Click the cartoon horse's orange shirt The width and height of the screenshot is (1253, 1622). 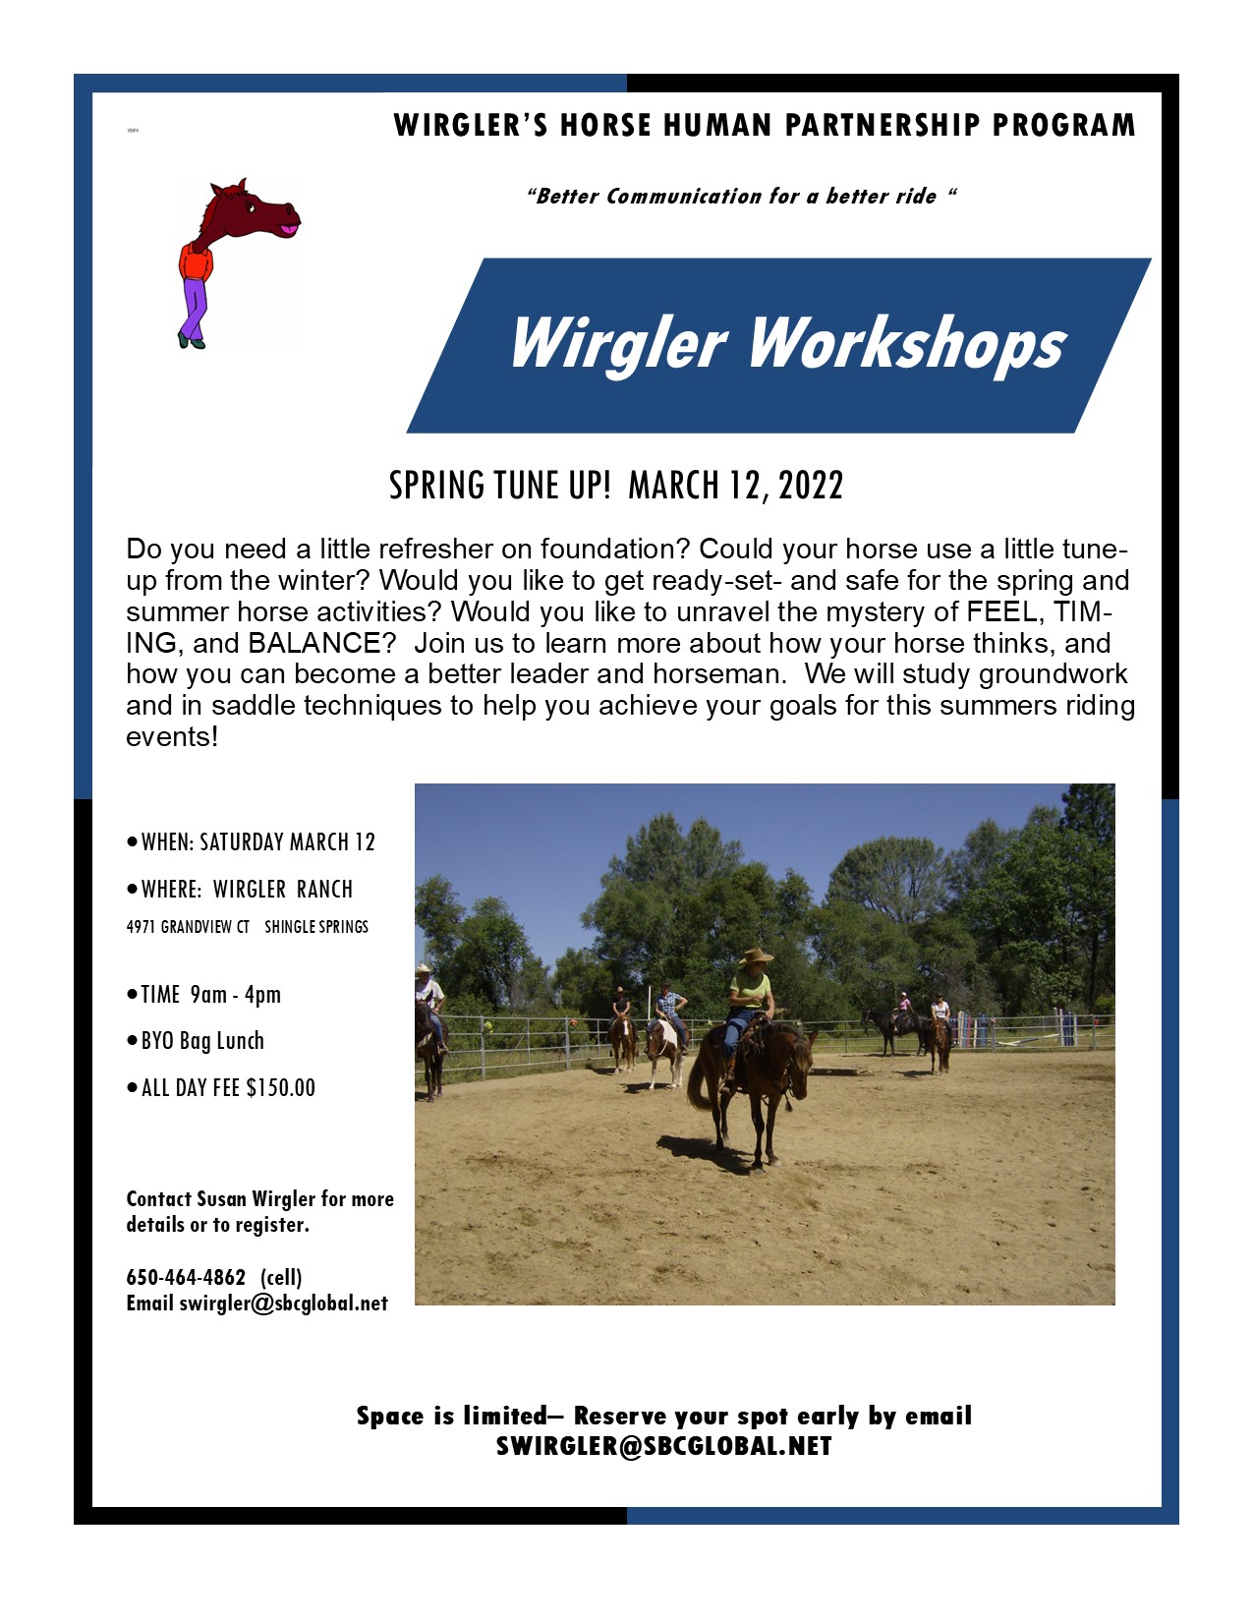coord(196,261)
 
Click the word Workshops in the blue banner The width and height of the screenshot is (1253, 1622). coord(907,344)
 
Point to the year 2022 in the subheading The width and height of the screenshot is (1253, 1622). coord(811,486)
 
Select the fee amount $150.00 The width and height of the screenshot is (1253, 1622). coord(281,1087)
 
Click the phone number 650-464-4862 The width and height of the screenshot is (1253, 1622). coord(186,1277)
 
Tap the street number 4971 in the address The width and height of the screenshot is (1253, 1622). coord(141,926)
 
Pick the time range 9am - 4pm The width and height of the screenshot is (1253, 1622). coord(235,994)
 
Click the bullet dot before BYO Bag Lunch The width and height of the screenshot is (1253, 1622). coord(132,1040)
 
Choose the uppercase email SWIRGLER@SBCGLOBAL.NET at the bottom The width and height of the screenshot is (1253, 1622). coord(664,1446)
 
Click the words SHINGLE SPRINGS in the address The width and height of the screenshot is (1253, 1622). coord(316,926)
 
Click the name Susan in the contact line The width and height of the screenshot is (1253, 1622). coord(222,1198)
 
